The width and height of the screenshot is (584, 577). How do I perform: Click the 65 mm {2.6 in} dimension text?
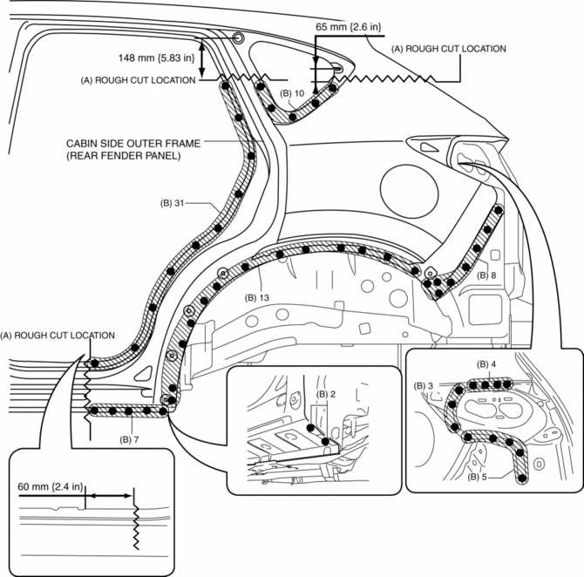(348, 27)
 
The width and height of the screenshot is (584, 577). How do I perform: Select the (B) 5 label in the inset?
(480, 479)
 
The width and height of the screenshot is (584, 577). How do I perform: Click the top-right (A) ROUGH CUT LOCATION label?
(449, 49)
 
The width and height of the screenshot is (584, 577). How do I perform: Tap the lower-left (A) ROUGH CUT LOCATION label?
(58, 335)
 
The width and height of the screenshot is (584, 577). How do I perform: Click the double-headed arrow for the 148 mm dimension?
(202, 59)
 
